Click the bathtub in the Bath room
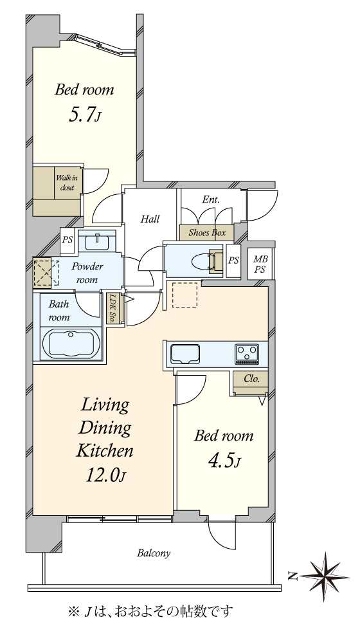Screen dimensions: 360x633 pos(71,344)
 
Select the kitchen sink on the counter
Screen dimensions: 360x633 pos(185,354)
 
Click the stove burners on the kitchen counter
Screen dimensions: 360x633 pos(247,354)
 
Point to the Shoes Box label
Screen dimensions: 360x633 pos(206,232)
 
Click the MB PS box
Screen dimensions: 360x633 pos(260,265)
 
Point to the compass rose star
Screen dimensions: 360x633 pos(325,576)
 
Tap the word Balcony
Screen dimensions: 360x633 pos(154,553)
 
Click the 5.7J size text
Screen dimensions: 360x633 pos(84,115)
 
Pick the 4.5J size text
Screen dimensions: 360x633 pos(224,460)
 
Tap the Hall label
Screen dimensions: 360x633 pos(150,219)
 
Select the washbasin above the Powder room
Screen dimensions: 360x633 pos(97,243)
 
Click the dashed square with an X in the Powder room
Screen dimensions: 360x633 pos(45,273)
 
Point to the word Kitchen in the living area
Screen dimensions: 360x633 pos(105,451)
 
